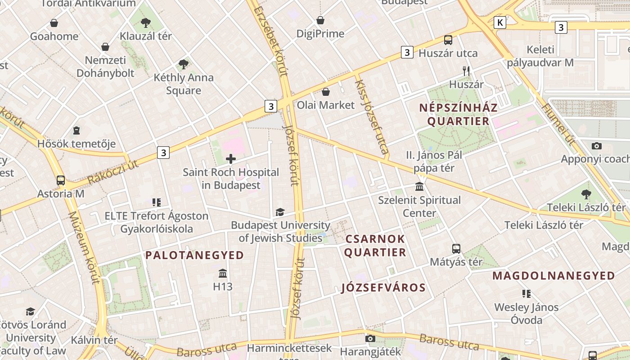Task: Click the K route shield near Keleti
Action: tap(499, 22)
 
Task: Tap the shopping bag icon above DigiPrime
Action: tap(320, 20)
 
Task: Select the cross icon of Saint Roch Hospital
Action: tap(231, 158)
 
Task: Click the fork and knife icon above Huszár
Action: tap(466, 71)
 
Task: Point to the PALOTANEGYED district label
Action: tap(194, 255)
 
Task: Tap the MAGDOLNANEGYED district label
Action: tap(553, 275)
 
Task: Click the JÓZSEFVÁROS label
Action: tap(383, 288)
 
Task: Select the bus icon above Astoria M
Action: tap(61, 180)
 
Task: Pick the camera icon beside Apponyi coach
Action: tap(597, 146)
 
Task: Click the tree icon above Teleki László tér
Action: tap(586, 194)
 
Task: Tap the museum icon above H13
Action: tap(223, 273)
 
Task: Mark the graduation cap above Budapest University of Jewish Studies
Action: tap(280, 212)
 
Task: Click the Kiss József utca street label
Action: tap(372, 117)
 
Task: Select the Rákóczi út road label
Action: tap(113, 171)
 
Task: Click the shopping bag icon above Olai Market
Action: tap(326, 92)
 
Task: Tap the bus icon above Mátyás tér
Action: tap(456, 248)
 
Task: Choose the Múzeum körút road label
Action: tap(83, 247)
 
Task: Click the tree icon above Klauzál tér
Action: tap(145, 22)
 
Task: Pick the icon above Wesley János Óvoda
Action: tap(526, 294)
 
